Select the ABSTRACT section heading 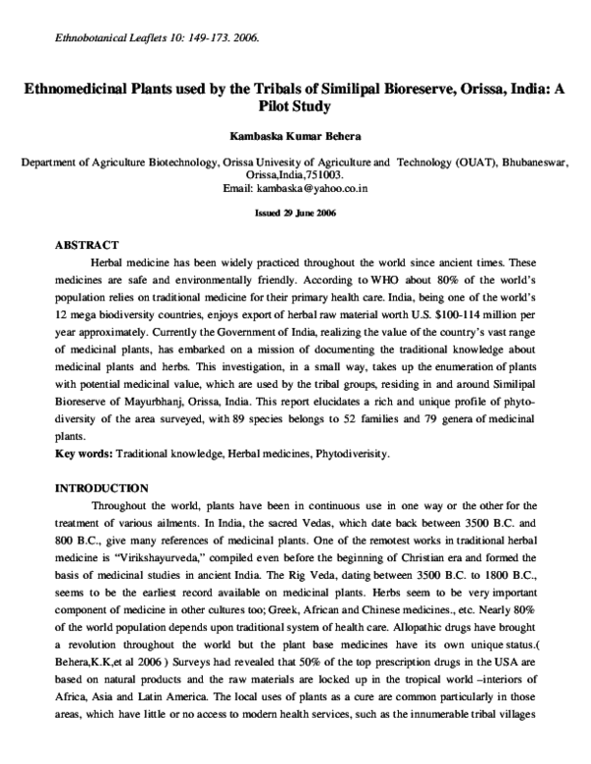click(87, 243)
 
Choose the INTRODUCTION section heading click(101, 487)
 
